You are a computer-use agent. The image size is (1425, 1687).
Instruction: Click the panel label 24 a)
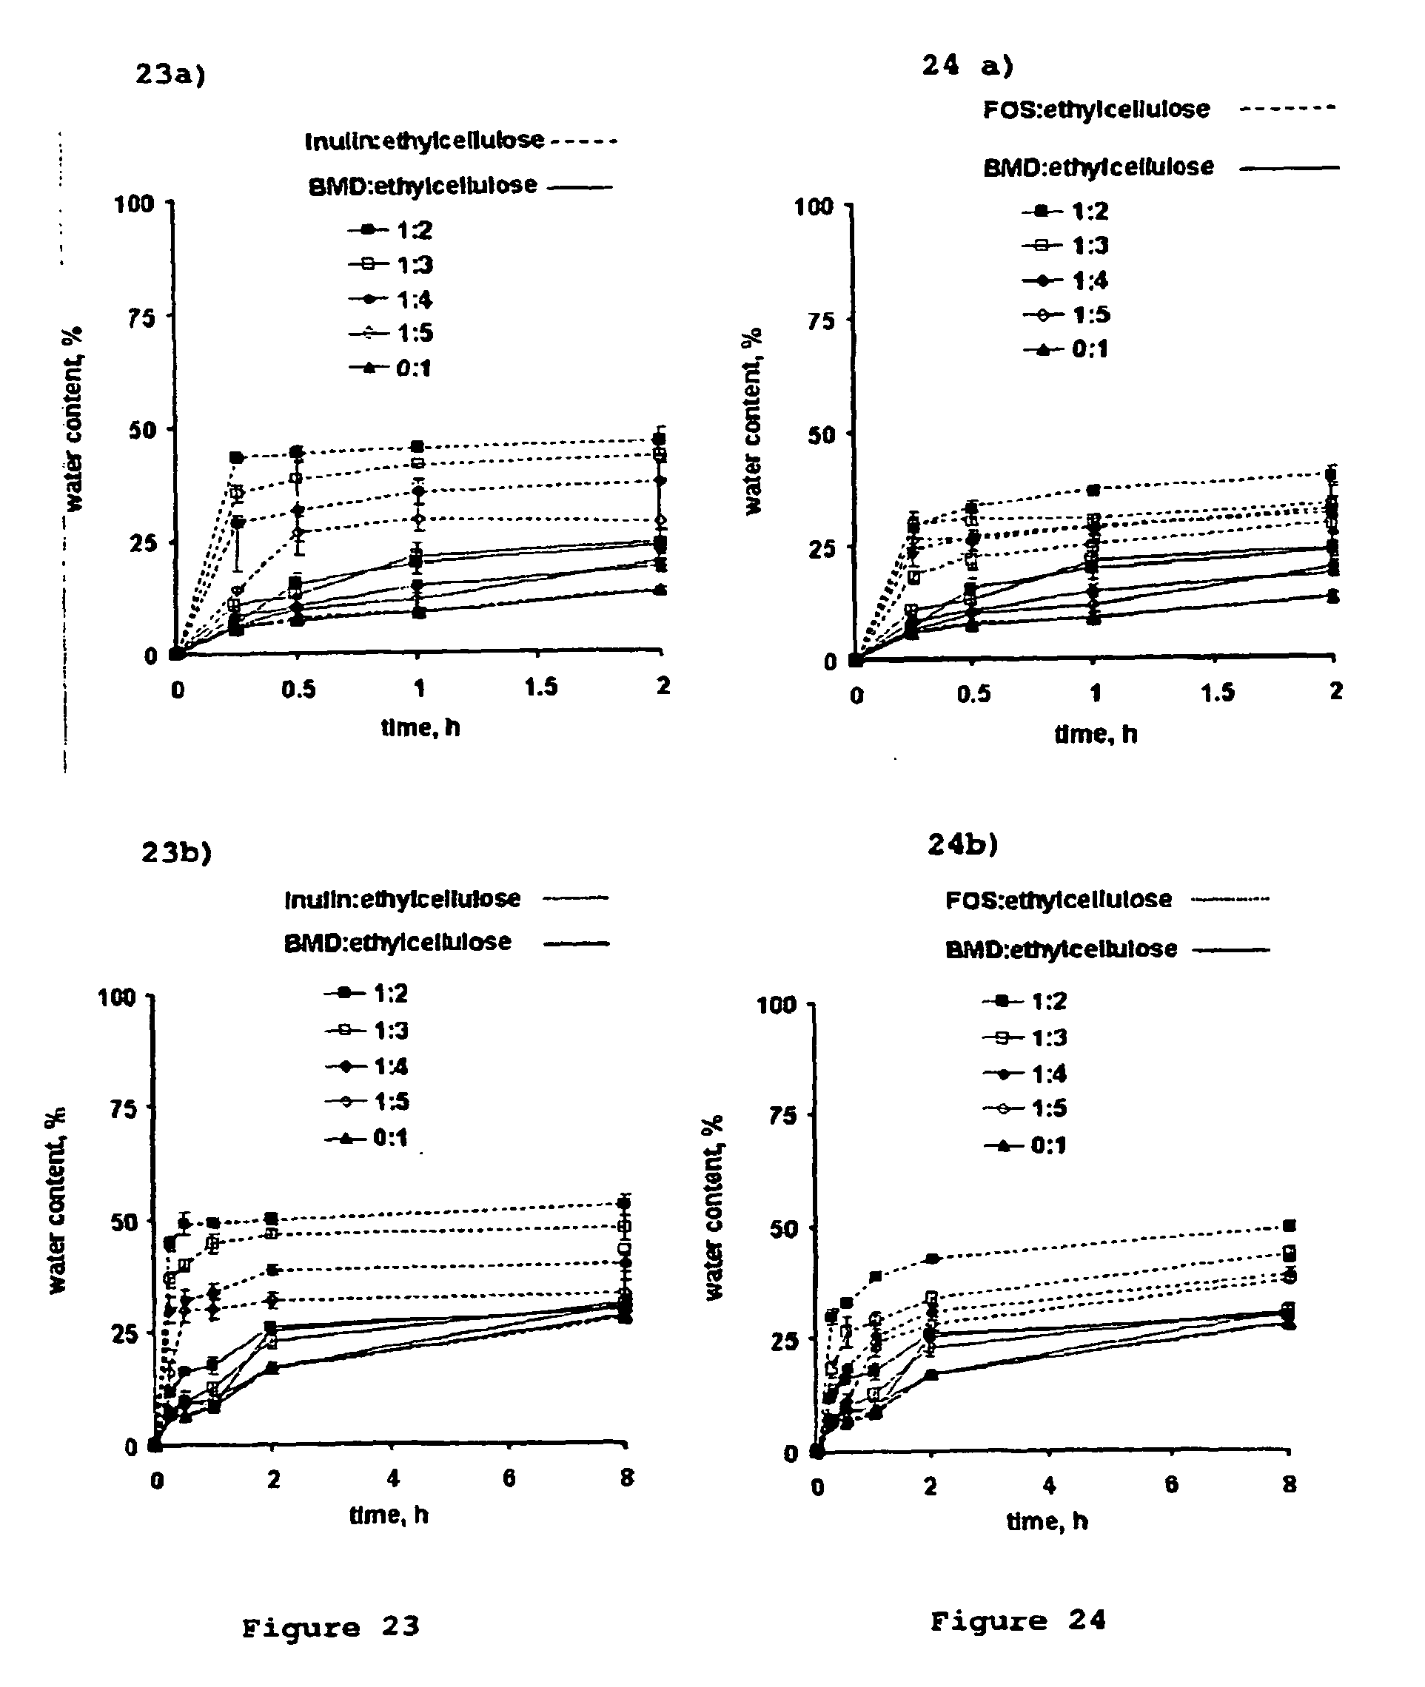(x=968, y=64)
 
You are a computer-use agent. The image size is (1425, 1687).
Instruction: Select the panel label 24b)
(x=963, y=845)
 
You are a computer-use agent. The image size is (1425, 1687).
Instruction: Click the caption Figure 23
(x=330, y=1627)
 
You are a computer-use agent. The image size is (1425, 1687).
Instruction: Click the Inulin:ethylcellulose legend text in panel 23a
(x=424, y=141)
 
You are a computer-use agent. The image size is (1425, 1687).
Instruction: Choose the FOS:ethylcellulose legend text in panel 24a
(x=1096, y=109)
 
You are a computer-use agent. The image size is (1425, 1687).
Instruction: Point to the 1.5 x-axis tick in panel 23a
(x=540, y=687)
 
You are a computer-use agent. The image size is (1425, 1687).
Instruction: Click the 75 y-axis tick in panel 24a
(x=822, y=320)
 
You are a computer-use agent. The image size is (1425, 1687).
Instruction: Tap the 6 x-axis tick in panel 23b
(x=509, y=1478)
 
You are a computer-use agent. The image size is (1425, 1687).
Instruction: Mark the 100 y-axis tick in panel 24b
(x=777, y=1006)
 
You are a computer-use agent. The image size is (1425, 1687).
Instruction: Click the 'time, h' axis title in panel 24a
(x=1096, y=734)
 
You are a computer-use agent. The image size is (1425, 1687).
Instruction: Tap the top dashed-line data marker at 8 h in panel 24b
(x=1290, y=1226)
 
